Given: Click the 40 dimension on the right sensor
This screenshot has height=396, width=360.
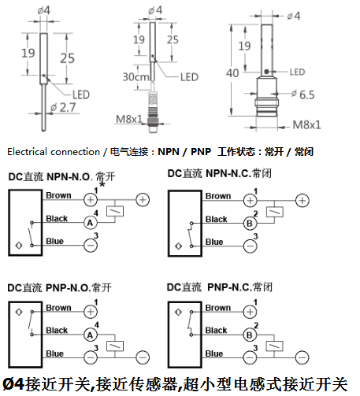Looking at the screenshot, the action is click(x=232, y=73).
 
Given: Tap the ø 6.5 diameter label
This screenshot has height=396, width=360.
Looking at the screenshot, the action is click(x=303, y=94).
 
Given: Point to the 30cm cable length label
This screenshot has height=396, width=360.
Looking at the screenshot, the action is click(x=135, y=77).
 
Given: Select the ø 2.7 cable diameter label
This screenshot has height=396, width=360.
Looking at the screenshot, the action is click(x=63, y=107).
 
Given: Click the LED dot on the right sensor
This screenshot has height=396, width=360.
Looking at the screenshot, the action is click(x=266, y=72).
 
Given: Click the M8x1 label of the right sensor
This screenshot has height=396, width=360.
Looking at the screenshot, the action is click(x=306, y=124).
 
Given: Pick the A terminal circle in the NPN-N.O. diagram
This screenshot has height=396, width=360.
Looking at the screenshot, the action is click(x=91, y=223).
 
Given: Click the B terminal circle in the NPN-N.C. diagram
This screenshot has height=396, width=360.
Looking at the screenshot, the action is click(x=250, y=224).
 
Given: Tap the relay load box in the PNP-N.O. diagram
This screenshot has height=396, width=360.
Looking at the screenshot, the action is click(x=115, y=346).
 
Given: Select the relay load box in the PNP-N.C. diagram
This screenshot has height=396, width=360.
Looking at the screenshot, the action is click(x=274, y=346).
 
